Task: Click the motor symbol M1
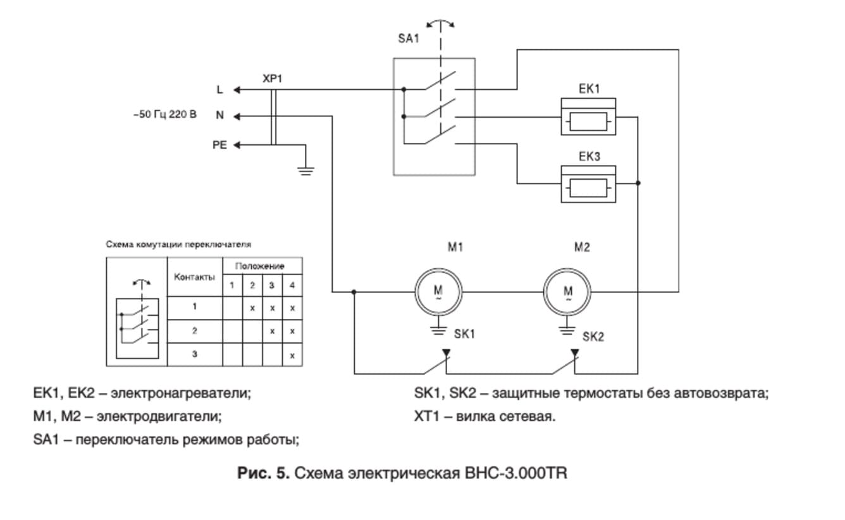coord(438,292)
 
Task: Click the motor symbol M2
coord(567,292)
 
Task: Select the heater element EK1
coord(588,120)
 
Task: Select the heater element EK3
coord(588,187)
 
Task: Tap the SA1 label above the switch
coord(409,39)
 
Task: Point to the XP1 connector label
coord(273,79)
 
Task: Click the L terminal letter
coord(219,90)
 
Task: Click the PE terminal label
coord(219,145)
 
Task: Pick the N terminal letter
coord(219,116)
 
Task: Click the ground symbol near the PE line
coord(306,169)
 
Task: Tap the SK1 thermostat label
coord(464,334)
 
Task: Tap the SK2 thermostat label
coord(593,337)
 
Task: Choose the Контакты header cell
coord(194,277)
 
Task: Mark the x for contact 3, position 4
coord(292,356)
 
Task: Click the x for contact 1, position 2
coord(252,307)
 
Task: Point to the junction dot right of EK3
coord(638,183)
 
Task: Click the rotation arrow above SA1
coord(440,23)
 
